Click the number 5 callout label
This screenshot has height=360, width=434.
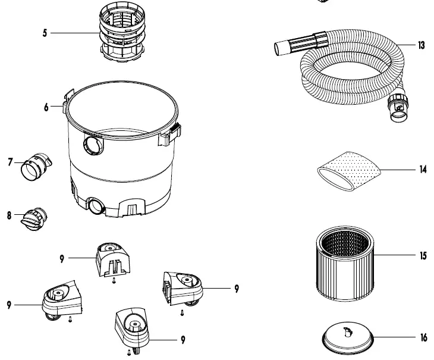point(45,33)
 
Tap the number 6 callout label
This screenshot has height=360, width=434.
point(46,108)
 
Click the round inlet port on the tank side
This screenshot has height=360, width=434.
point(93,143)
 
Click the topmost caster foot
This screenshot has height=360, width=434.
point(113,259)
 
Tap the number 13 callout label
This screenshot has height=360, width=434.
point(422,46)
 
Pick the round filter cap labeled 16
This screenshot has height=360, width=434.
point(347,338)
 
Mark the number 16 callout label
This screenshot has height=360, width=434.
point(423,338)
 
